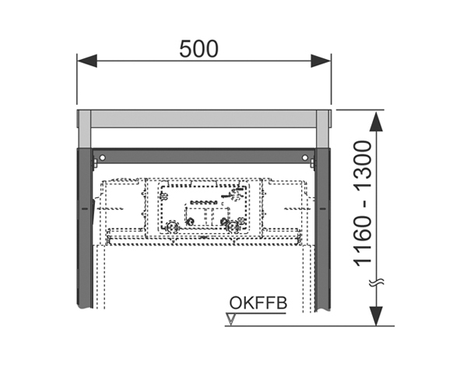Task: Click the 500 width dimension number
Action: tap(198, 49)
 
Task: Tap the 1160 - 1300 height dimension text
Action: tap(363, 204)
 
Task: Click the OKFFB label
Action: tap(258, 303)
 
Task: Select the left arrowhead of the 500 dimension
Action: tap(87, 61)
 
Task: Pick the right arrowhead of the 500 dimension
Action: tap(321, 61)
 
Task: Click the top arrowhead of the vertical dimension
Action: tap(377, 121)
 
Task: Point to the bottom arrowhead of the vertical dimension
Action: tap(377, 316)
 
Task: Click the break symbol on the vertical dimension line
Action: tap(377, 282)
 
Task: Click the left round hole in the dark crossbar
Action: tap(102, 157)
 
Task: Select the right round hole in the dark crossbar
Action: tap(304, 157)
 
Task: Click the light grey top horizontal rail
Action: tap(204, 119)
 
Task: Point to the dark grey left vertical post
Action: tap(85, 228)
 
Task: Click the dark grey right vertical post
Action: tap(322, 230)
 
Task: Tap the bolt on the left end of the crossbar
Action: tap(95, 164)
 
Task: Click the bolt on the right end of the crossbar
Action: tap(312, 164)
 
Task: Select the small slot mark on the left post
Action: tap(85, 209)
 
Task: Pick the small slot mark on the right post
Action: tap(322, 209)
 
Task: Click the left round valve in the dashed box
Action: tap(172, 227)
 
